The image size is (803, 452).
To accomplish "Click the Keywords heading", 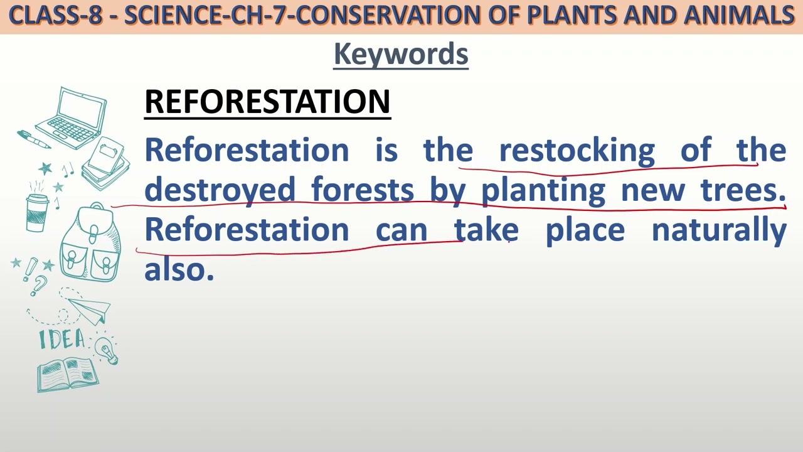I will pyautogui.click(x=401, y=54).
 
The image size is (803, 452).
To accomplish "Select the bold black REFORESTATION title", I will pyautogui.click(x=267, y=102).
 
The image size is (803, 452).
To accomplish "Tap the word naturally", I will pyautogui.click(x=719, y=230).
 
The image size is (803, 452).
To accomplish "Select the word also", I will pyautogui.click(x=179, y=270).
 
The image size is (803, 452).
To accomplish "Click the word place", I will pyautogui.click(x=585, y=230).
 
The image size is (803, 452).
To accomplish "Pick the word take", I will pyautogui.click(x=486, y=230).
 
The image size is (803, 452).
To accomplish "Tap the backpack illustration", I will pyautogui.click(x=92, y=245).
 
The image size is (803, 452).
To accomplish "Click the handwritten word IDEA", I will pyautogui.click(x=61, y=340).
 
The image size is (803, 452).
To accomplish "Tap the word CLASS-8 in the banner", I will pyautogui.click(x=55, y=16).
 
